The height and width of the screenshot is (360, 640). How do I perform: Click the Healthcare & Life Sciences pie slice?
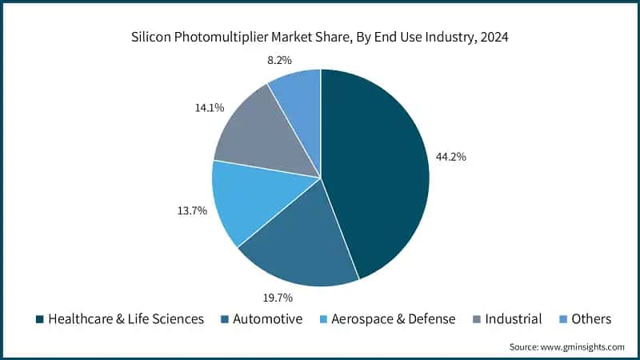coord(376,168)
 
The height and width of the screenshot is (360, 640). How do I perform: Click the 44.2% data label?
coord(451,157)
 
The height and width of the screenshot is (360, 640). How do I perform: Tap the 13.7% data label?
coord(193,210)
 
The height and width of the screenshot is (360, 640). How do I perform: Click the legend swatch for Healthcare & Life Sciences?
coord(39,319)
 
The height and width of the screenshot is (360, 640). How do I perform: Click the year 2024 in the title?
coord(496,38)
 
